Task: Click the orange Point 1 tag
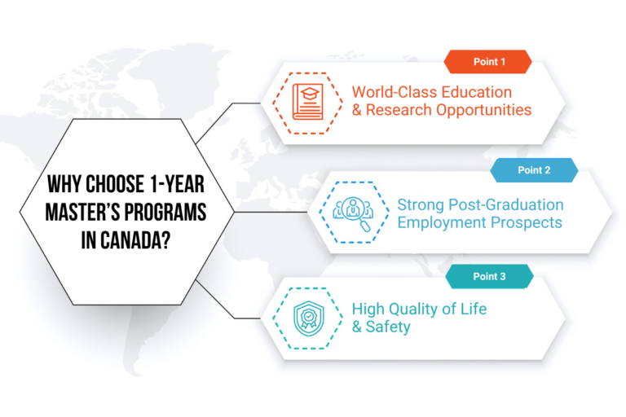[x=487, y=62]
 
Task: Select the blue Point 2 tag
[x=534, y=170]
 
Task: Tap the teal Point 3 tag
[x=489, y=277]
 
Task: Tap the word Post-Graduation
[x=509, y=204]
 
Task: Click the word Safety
[x=389, y=327]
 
